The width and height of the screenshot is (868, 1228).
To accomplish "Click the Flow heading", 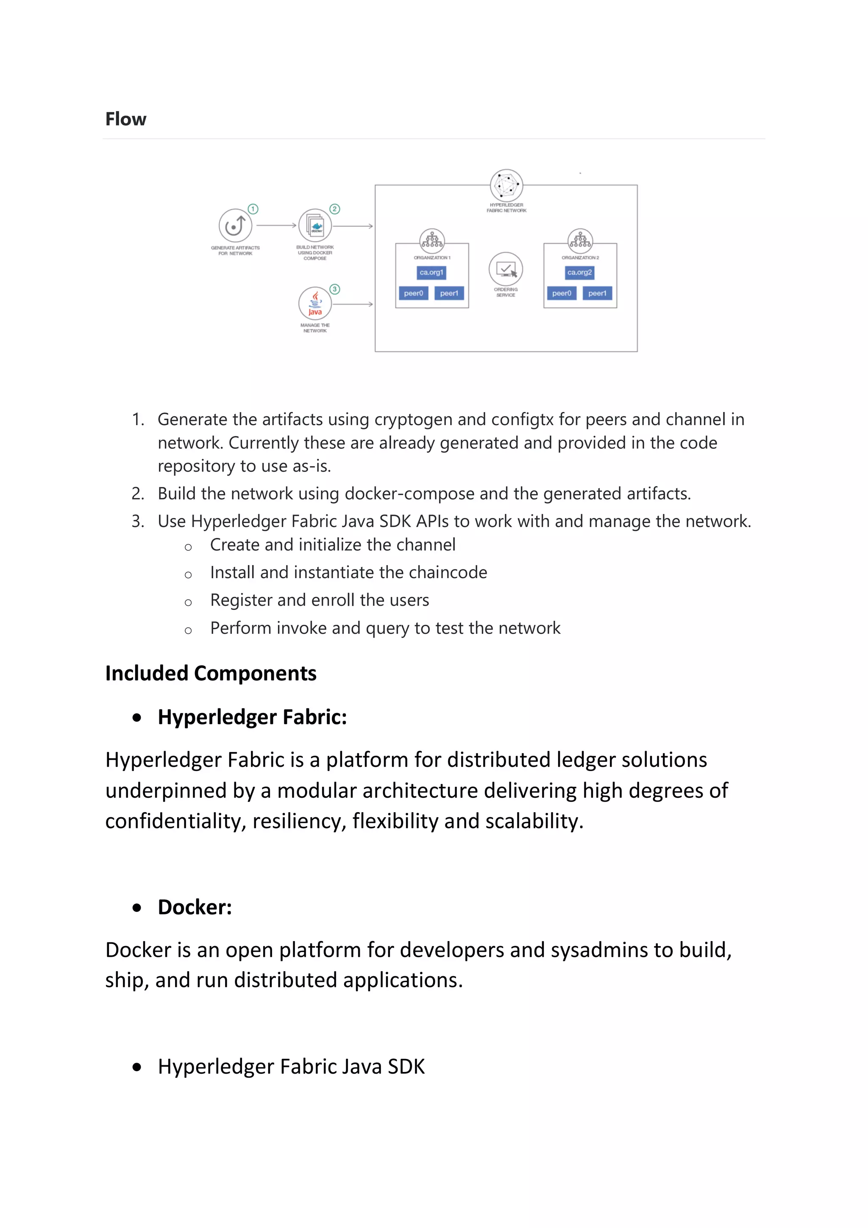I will click(x=126, y=119).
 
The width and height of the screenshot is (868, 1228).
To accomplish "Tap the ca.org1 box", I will click(x=431, y=273).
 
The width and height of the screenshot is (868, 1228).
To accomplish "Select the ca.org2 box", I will click(x=579, y=273).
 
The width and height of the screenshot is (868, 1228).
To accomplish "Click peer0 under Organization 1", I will click(x=413, y=293).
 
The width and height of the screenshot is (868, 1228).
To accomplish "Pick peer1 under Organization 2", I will click(x=597, y=293).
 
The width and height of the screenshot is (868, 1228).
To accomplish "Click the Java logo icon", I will click(x=315, y=303).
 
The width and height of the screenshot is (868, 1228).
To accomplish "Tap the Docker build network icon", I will click(x=315, y=226).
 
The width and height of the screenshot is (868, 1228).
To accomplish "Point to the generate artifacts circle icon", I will click(x=235, y=226).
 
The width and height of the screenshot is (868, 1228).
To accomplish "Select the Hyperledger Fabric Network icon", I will click(x=506, y=185).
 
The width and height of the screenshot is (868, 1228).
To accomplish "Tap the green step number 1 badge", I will click(x=253, y=209).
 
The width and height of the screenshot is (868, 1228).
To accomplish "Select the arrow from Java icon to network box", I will click(x=353, y=304).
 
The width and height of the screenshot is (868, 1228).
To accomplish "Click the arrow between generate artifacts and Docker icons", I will click(x=276, y=226).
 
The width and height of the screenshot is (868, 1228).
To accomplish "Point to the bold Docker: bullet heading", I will click(x=195, y=907).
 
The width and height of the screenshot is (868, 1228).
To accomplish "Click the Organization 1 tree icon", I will click(x=431, y=241).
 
